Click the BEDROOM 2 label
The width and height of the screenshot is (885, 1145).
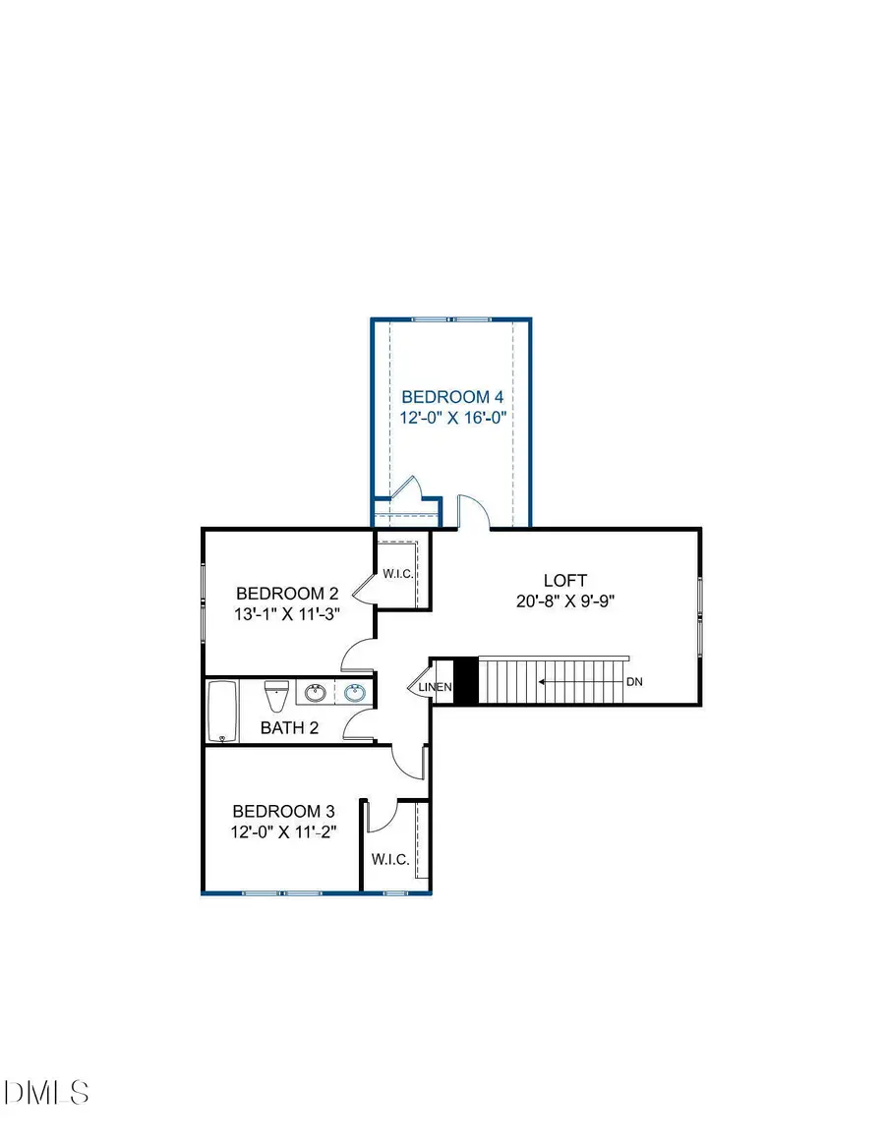[x=287, y=594]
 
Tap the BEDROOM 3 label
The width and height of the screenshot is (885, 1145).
[x=283, y=812]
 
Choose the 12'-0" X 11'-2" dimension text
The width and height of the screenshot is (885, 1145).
[x=283, y=832]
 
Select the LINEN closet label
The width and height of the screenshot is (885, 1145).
[x=437, y=687]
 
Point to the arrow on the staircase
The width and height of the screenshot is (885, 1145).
[x=580, y=680]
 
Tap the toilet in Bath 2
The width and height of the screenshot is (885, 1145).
[x=276, y=696]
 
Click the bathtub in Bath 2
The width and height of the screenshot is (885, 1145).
[x=222, y=712]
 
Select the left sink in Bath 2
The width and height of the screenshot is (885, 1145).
[x=316, y=694]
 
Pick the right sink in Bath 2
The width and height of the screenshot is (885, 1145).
[x=355, y=694]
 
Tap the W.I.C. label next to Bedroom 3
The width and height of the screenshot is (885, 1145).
[x=389, y=860]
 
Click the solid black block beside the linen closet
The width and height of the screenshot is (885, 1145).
[x=466, y=681]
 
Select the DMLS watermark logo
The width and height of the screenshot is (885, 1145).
[x=47, y=1092]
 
